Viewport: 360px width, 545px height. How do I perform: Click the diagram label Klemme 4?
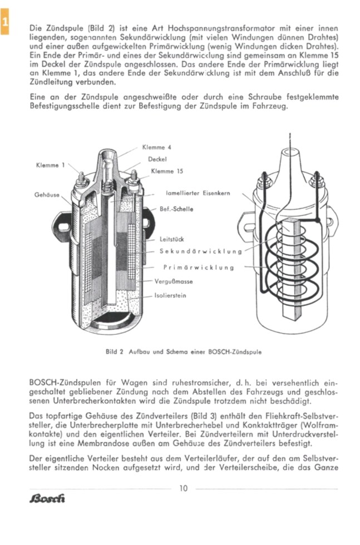click(x=157, y=147)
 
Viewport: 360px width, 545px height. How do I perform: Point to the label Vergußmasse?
click(x=174, y=282)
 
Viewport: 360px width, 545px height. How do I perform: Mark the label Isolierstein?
click(x=170, y=295)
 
